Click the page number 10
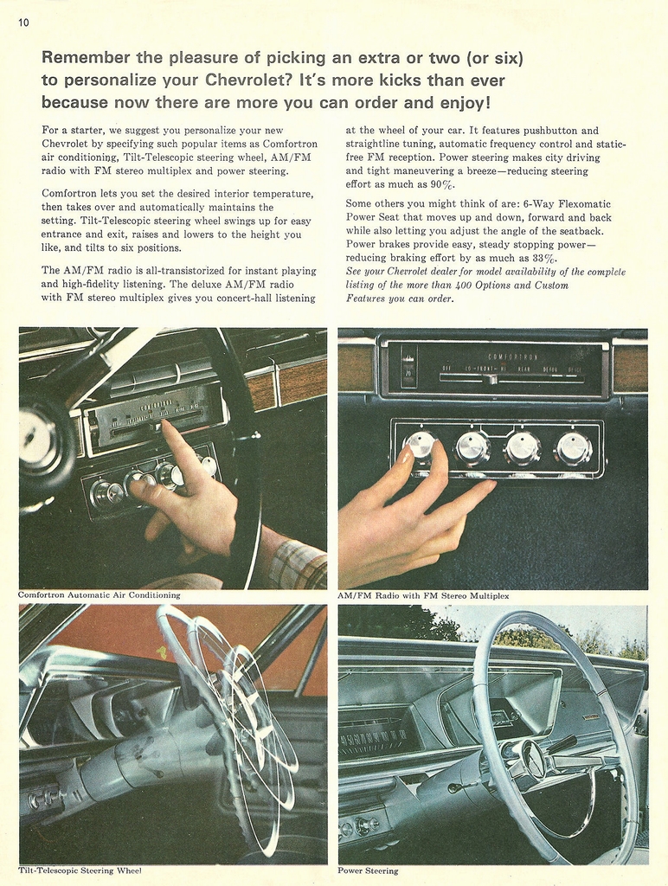(x=23, y=22)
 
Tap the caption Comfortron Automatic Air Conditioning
(x=100, y=595)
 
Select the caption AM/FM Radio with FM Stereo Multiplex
(x=423, y=596)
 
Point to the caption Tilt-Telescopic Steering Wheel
(x=80, y=870)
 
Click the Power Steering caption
(x=368, y=870)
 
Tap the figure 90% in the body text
(x=442, y=184)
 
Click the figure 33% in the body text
(x=544, y=258)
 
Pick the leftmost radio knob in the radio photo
(x=421, y=447)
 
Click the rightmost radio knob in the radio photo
(x=573, y=448)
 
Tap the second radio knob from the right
(x=523, y=448)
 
